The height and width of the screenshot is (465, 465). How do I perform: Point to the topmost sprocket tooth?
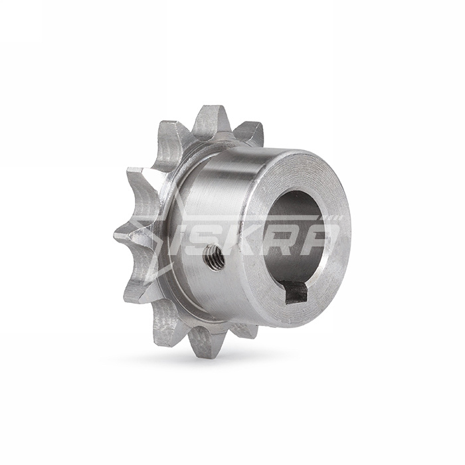click(x=210, y=120)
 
